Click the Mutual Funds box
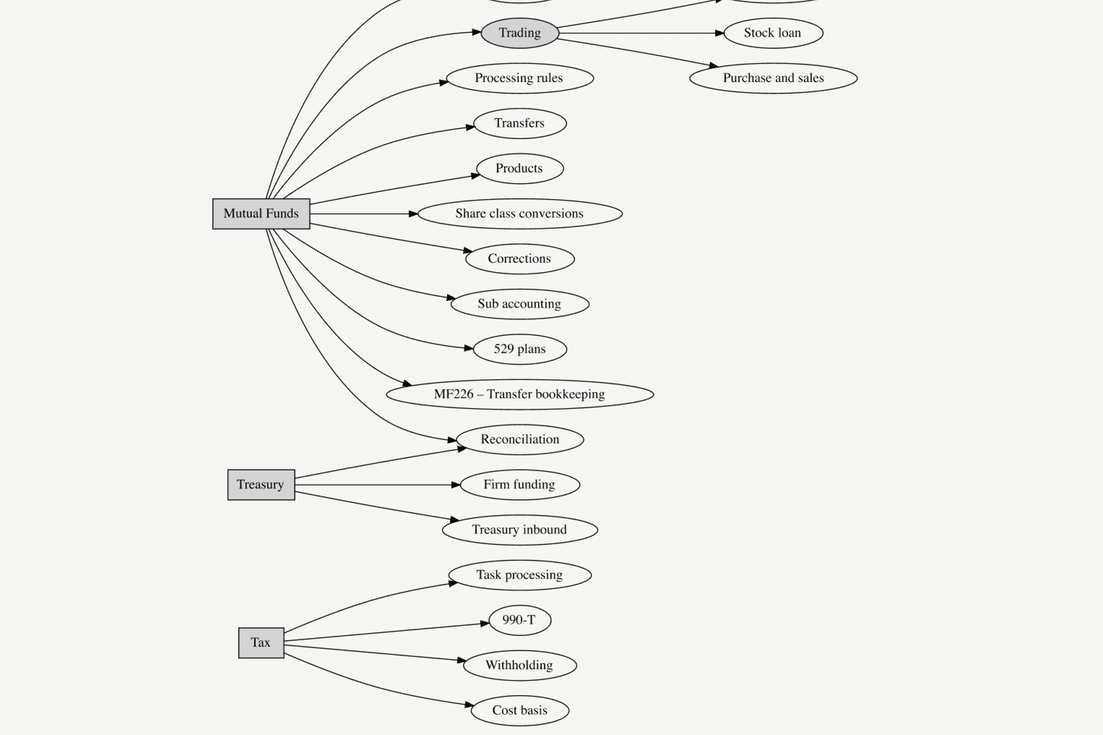[x=261, y=214]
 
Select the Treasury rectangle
[x=261, y=485]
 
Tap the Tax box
[x=261, y=643]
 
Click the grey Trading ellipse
[x=520, y=33]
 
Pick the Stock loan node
[x=773, y=33]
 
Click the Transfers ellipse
[x=520, y=123]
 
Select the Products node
[x=520, y=168]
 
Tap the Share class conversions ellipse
[x=520, y=214]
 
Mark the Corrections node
[x=520, y=259]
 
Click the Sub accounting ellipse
[x=520, y=304]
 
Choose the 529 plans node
[x=520, y=349]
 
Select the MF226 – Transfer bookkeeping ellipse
[x=520, y=394]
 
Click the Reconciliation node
[x=520, y=440]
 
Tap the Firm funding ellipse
[x=520, y=485]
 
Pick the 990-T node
[x=520, y=620]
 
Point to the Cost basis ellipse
[x=520, y=711]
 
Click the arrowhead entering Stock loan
[x=719, y=33]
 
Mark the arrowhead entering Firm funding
[x=456, y=485]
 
